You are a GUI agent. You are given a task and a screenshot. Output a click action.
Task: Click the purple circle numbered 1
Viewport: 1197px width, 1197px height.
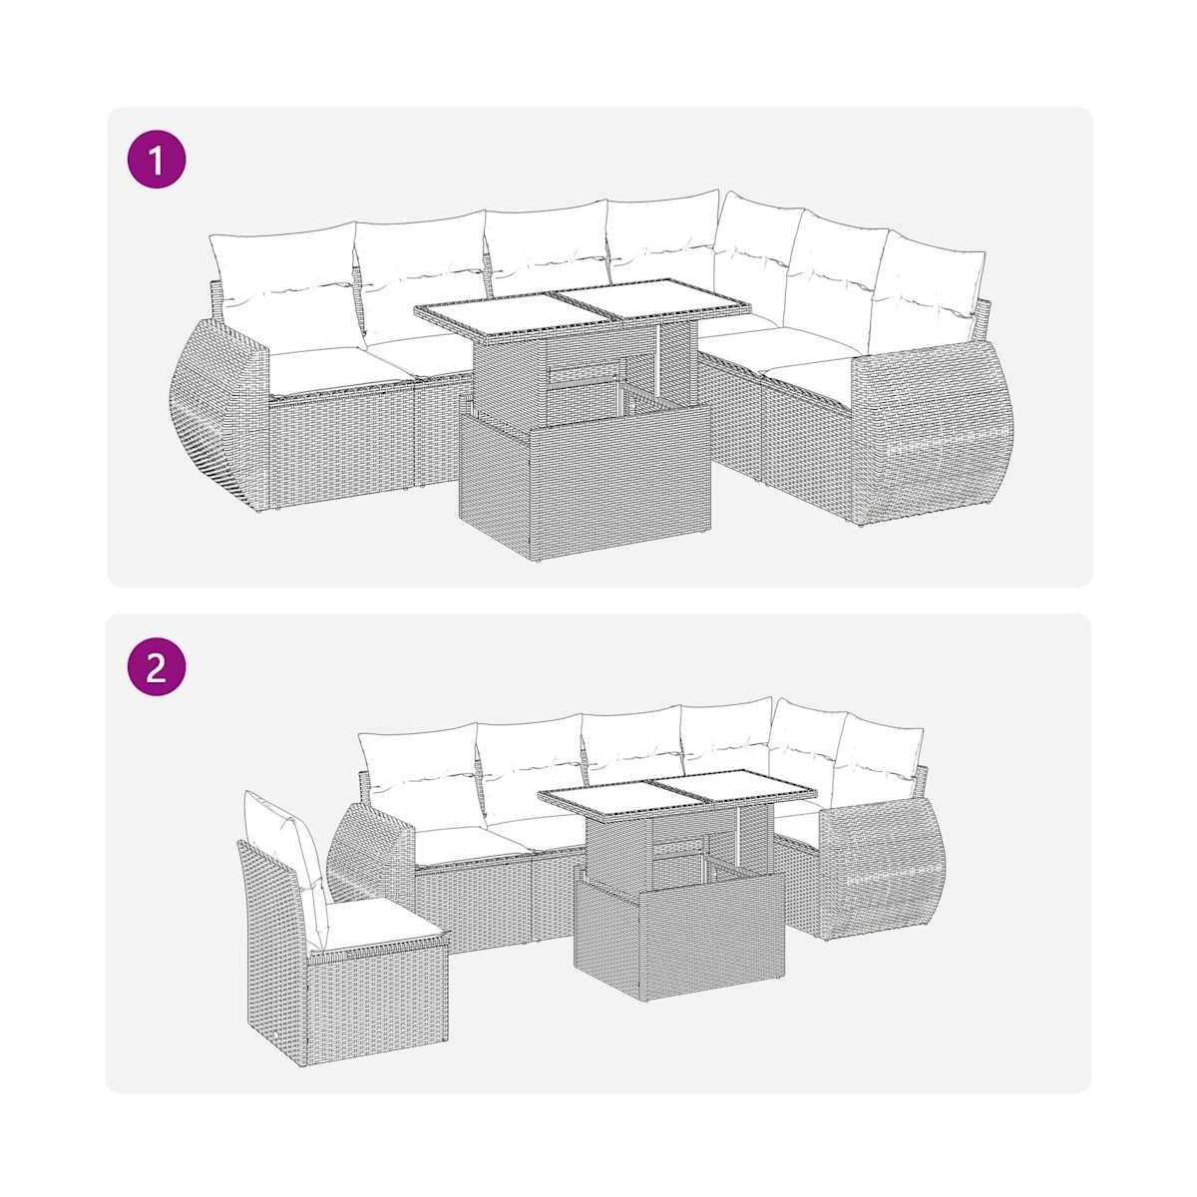[x=157, y=159]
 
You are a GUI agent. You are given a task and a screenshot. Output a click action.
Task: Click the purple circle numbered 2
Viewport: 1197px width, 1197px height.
[x=157, y=666]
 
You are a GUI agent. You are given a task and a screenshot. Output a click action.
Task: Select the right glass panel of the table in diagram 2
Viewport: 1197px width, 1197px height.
[x=735, y=788]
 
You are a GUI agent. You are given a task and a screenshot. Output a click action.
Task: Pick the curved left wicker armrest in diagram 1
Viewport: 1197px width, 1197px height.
[x=217, y=410]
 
